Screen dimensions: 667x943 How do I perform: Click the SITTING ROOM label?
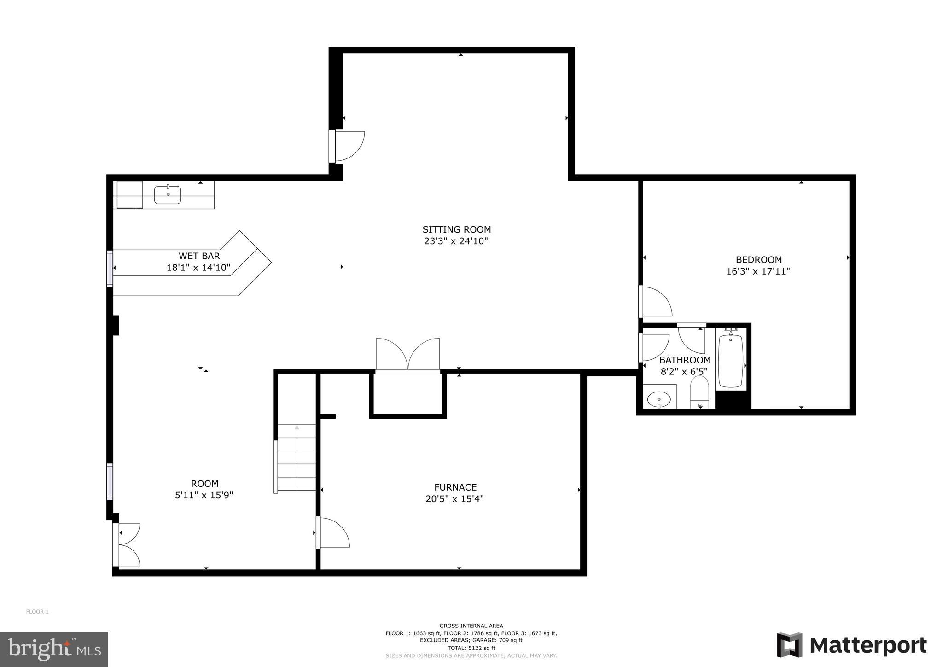456,229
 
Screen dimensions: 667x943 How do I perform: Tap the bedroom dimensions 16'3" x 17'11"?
758,271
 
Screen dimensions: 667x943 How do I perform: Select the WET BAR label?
199,256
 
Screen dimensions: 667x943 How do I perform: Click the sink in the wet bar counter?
167,195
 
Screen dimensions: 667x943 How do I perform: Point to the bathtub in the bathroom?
730,361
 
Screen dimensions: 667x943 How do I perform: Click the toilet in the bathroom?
699,392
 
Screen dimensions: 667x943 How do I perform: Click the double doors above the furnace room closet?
408,355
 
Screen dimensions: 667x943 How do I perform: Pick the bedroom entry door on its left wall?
655,302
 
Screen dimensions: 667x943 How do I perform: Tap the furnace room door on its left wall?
333,533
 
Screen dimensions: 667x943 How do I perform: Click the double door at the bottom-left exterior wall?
128,544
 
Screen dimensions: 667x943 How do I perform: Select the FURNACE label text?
455,487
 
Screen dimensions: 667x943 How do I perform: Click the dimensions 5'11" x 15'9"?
204,496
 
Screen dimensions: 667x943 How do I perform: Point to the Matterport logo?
851,645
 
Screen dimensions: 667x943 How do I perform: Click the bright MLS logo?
54,649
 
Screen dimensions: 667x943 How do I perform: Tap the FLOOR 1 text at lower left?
37,612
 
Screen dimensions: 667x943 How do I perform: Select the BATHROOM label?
685,360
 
